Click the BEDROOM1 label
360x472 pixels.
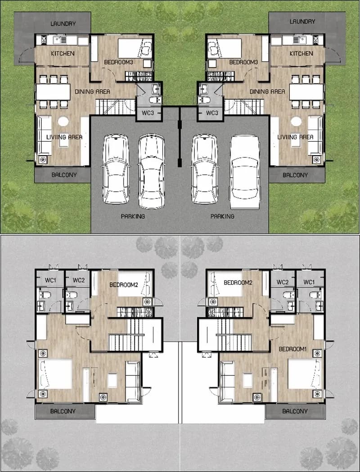click(x=292, y=349)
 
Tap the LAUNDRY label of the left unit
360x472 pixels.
click(x=63, y=24)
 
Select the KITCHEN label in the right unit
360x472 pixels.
click(x=301, y=54)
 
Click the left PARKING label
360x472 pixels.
click(x=133, y=216)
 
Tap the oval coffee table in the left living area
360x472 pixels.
click(x=63, y=121)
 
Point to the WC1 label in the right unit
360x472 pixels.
click(x=310, y=282)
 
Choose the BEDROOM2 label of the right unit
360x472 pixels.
click(x=238, y=283)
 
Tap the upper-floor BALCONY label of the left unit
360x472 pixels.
click(x=63, y=411)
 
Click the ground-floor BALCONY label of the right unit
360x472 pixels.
click(x=295, y=175)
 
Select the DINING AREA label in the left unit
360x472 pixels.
click(x=92, y=91)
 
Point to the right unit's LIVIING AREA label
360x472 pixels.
click(x=295, y=137)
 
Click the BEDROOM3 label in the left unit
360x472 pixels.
click(x=118, y=62)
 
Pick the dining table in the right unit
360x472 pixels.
click(x=306, y=92)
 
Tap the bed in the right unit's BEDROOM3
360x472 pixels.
click(x=225, y=48)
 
